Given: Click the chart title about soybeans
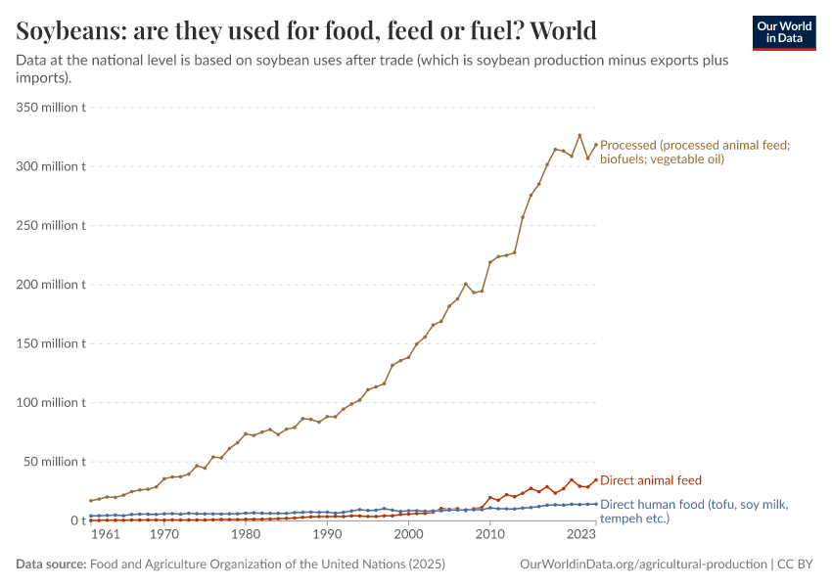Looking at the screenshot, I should (306, 31).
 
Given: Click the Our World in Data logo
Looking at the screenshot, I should (783, 32).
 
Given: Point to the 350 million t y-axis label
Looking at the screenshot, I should (51, 108).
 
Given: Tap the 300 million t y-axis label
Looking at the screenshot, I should (51, 166).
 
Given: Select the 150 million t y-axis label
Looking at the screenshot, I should (51, 343).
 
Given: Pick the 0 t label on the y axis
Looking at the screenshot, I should (77, 520).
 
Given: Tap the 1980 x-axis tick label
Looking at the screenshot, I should (246, 535).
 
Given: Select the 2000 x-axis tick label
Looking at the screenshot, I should (408, 535).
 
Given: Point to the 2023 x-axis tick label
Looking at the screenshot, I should (581, 535).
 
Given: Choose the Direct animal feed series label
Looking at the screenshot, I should (650, 480).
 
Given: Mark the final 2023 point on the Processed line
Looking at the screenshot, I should (595, 145).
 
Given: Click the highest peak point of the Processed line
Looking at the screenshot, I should (579, 136).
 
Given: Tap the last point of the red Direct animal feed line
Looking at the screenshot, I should (595, 480).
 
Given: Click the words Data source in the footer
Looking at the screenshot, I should (50, 564).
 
